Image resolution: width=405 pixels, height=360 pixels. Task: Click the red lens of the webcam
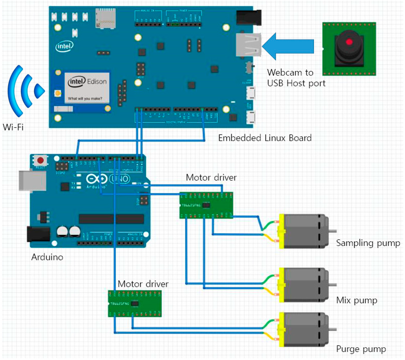[349, 42]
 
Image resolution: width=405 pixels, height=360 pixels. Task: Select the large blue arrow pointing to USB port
[288, 45]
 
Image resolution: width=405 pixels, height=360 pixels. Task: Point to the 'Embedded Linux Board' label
[265, 138]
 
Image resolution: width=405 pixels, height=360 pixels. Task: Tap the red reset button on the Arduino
[40, 160]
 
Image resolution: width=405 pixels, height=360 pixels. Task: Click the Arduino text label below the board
[47, 257]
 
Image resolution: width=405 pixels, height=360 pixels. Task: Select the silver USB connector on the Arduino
[32, 181]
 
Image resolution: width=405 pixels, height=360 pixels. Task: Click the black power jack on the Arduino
[38, 234]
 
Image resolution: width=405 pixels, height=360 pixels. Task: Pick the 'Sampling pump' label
[368, 243]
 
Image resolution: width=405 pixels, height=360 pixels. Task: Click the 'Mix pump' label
[356, 300]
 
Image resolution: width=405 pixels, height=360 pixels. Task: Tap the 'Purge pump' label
[361, 349]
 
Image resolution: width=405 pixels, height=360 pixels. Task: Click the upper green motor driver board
[206, 205]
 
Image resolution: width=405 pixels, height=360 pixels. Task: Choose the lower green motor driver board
[135, 303]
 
